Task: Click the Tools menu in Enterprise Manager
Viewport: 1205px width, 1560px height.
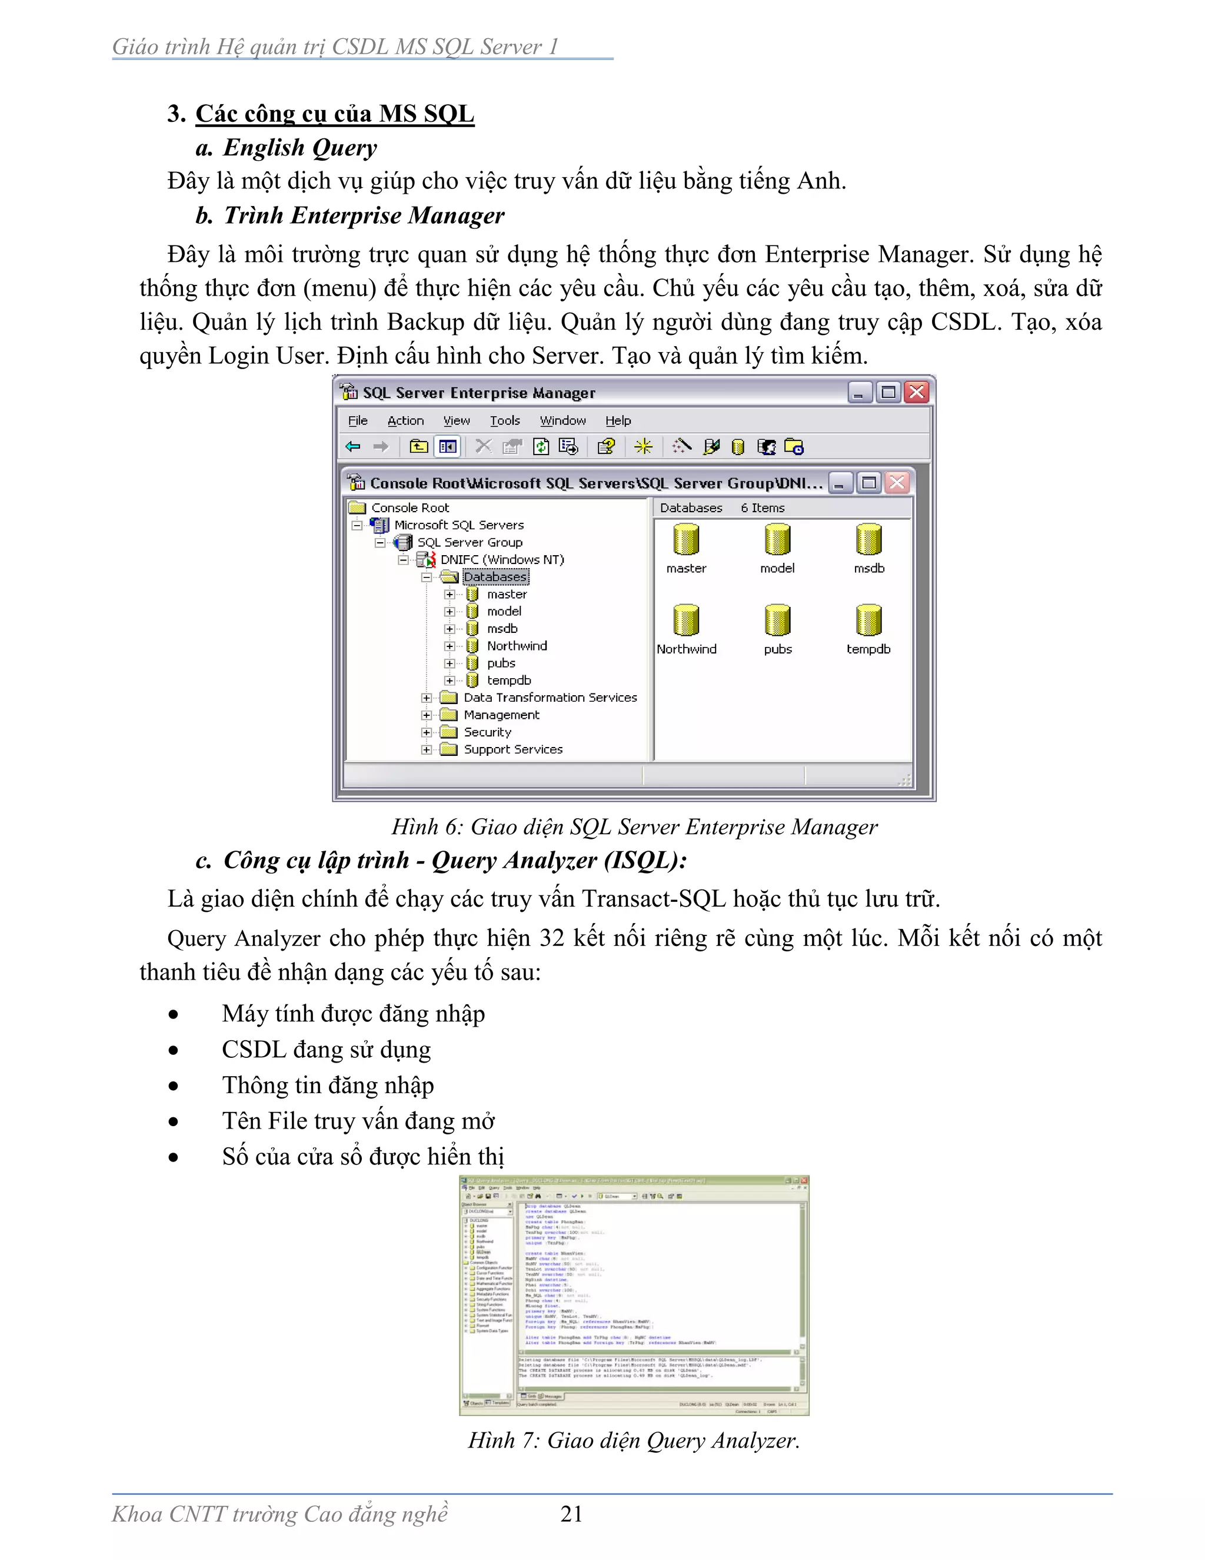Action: [x=505, y=421]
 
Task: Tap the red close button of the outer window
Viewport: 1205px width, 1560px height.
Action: [x=917, y=392]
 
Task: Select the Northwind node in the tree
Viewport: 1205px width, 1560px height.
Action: [x=516, y=646]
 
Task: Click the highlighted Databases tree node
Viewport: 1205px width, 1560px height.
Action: [x=495, y=577]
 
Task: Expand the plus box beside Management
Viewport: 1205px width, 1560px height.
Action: [x=426, y=715]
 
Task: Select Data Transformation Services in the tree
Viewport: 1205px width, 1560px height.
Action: [x=550, y=698]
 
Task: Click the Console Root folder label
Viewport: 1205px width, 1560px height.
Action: [x=410, y=508]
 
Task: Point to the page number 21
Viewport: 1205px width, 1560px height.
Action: [x=571, y=1513]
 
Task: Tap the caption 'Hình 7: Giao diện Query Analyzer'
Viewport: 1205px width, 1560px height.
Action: [x=633, y=1440]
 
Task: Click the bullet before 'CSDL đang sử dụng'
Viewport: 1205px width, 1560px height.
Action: [x=174, y=1050]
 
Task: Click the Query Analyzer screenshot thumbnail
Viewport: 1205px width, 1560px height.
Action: [x=634, y=1295]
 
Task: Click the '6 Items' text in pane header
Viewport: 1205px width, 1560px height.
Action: [x=762, y=508]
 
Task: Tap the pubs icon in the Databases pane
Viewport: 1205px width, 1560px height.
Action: [x=777, y=620]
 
